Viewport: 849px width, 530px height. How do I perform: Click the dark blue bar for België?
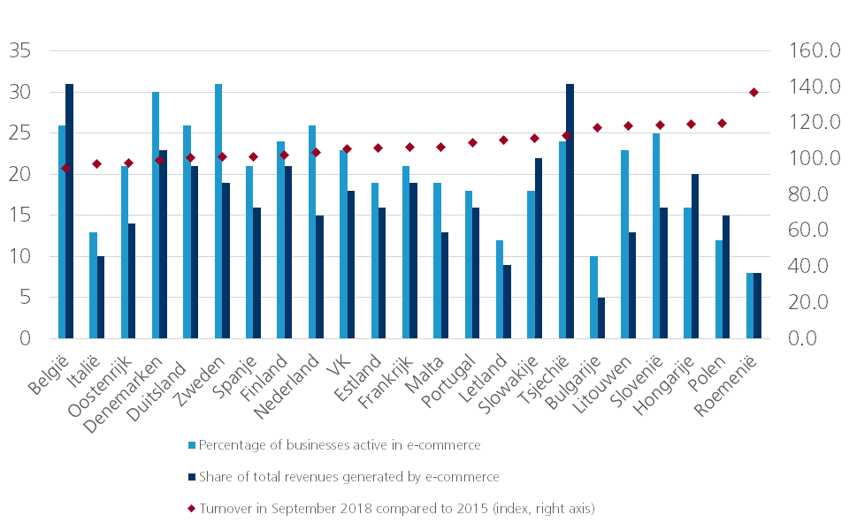69,211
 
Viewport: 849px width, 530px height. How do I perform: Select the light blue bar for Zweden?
218,211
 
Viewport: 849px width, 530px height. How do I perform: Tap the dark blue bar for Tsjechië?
570,211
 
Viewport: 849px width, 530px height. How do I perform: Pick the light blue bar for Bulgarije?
593,298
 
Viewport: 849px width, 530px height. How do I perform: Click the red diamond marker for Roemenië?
753,93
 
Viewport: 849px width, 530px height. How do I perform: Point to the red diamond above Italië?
97,164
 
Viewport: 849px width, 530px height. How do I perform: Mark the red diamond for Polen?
722,124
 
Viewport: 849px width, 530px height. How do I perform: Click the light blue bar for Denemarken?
156,216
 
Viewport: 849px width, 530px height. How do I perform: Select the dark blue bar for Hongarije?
695,256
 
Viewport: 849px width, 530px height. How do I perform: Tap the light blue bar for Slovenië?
656,236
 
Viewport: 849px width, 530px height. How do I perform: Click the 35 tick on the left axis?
20,51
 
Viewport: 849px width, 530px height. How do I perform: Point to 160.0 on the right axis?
815,50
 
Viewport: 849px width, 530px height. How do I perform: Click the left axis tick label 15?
20,216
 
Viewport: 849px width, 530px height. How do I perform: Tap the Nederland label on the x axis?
287,386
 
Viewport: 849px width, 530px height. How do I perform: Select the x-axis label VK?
339,367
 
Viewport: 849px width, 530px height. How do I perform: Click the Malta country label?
424,375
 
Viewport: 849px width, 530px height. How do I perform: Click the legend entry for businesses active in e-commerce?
334,445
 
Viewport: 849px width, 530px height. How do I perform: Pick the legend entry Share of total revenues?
343,477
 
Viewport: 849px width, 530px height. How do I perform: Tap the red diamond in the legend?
191,509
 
